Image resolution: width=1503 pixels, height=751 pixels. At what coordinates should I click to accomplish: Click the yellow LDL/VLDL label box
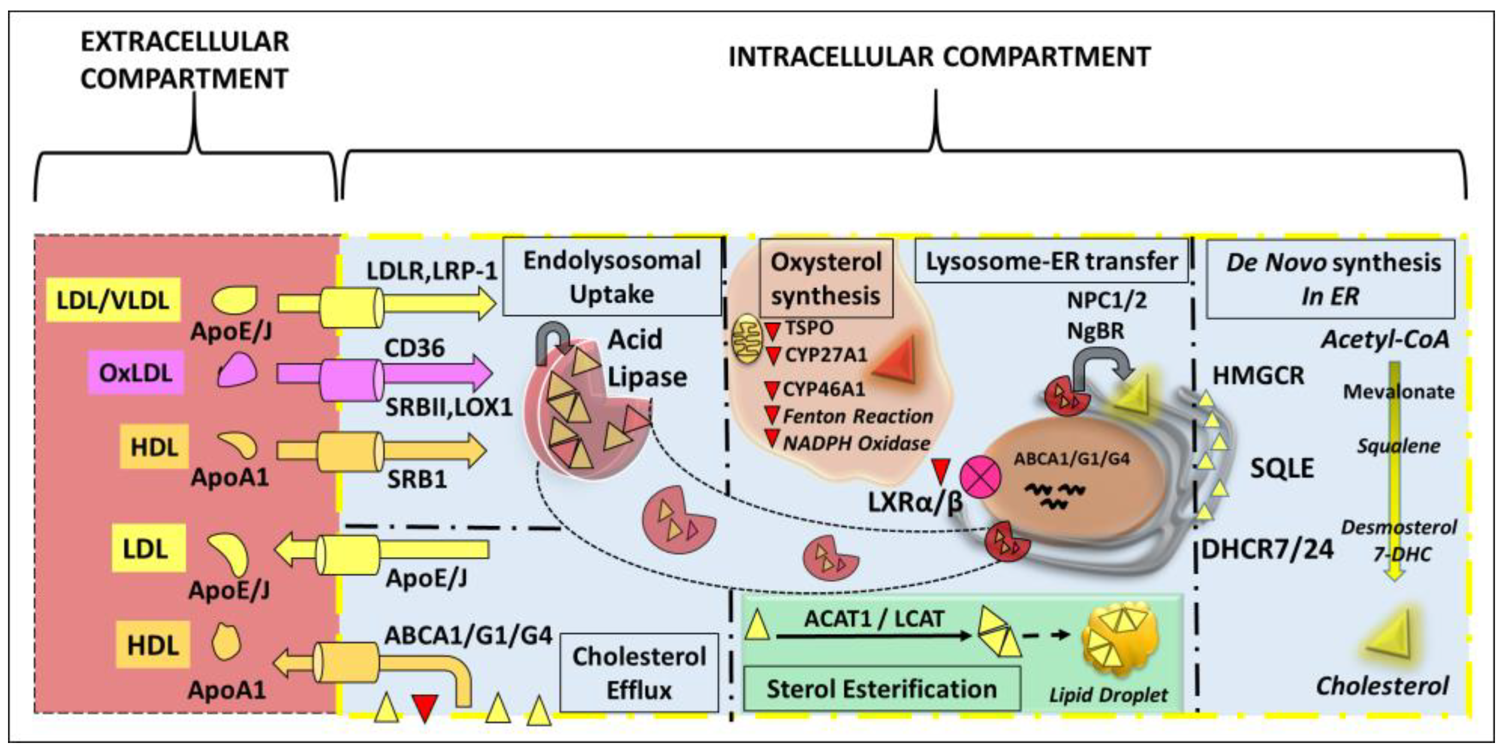112,300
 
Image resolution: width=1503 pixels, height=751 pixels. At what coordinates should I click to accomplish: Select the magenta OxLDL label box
135,372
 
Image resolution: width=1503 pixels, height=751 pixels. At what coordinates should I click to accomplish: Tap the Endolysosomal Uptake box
611,277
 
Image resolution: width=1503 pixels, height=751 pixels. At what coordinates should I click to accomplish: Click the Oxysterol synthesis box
826,279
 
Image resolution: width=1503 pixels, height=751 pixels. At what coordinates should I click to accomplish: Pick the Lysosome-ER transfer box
1051,261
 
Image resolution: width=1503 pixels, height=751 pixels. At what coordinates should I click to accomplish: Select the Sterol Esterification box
881,689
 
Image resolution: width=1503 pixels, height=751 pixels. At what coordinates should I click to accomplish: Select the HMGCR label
1258,375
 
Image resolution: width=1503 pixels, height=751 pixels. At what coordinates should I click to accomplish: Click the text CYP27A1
826,354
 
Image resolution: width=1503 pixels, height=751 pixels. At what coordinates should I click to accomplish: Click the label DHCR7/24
1267,549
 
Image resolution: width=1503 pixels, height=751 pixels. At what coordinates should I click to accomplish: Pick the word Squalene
1398,447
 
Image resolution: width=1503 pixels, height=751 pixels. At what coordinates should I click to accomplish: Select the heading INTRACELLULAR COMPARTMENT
939,57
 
